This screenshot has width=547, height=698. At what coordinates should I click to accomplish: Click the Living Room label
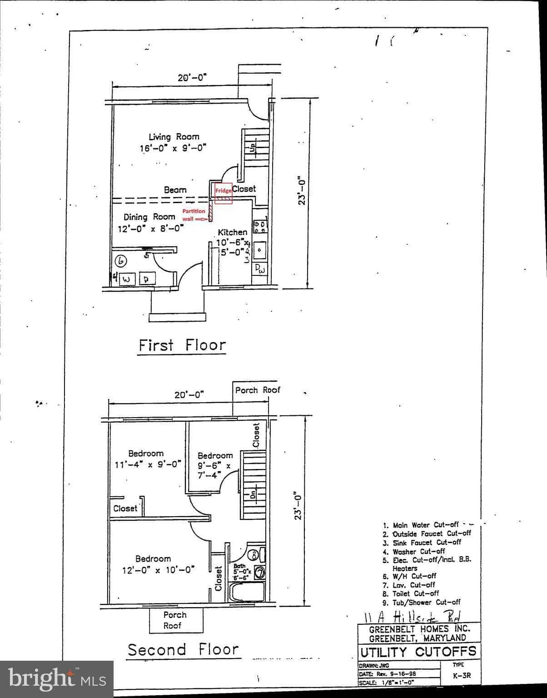pyautogui.click(x=174, y=137)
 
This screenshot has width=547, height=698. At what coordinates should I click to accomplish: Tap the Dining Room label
pyautogui.click(x=149, y=217)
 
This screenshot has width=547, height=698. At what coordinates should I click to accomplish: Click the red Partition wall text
pyautogui.click(x=194, y=214)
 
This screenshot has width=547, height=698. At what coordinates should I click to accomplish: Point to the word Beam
pyautogui.click(x=175, y=190)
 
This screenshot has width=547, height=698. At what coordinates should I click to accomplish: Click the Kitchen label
pyautogui.click(x=232, y=232)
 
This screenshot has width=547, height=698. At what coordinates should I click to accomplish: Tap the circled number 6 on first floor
pyautogui.click(x=121, y=261)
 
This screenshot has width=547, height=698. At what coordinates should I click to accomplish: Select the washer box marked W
pyautogui.click(x=127, y=279)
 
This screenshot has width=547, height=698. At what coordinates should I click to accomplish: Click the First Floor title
pyautogui.click(x=182, y=345)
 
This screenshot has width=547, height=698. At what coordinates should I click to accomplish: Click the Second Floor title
pyautogui.click(x=183, y=650)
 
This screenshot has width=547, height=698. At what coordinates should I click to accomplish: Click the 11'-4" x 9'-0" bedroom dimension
pyautogui.click(x=148, y=464)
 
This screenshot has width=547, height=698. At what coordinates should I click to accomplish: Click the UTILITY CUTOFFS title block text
pyautogui.click(x=418, y=652)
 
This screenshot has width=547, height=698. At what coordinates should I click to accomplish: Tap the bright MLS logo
pyautogui.click(x=57, y=679)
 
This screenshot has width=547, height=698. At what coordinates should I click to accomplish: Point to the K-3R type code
pyautogui.click(x=462, y=675)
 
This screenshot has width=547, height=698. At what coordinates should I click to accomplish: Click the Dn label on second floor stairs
pyautogui.click(x=253, y=494)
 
